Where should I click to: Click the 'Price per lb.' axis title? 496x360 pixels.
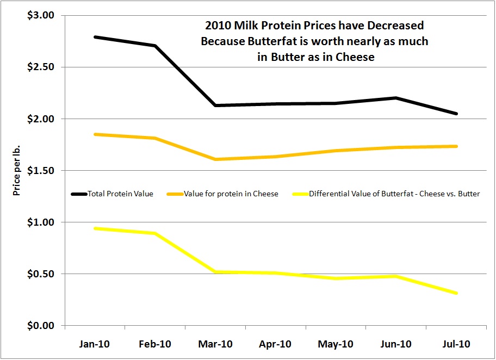click(17, 171)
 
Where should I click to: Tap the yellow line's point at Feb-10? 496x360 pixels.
click(155, 233)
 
